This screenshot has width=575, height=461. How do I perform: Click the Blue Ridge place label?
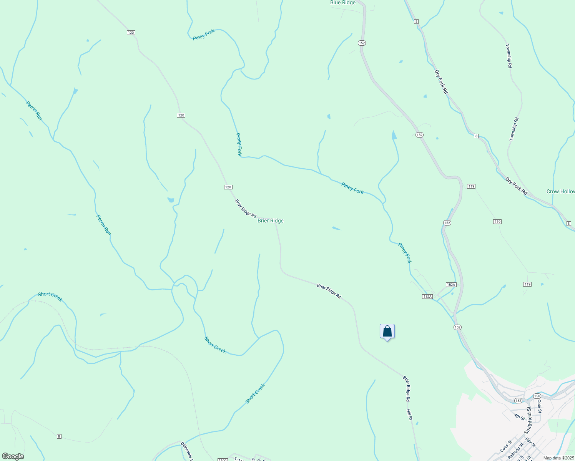[x=343, y=3]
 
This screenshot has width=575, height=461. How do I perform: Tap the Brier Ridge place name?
[x=271, y=221]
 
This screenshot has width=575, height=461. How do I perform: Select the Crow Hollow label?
[x=560, y=191]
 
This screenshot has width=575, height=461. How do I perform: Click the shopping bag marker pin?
[x=387, y=332]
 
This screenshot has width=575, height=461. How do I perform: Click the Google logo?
[x=13, y=456]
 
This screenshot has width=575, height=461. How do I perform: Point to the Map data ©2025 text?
[x=558, y=458]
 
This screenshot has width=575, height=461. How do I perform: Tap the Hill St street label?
[x=409, y=415]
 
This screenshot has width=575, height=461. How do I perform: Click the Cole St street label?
[x=540, y=406]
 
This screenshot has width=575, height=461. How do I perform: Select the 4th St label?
[x=519, y=417]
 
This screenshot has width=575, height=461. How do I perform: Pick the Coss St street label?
[x=506, y=446]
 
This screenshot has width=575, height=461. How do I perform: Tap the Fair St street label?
[x=530, y=443]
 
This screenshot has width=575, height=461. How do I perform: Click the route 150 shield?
[x=537, y=396]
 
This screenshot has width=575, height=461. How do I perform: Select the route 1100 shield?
[x=222, y=459]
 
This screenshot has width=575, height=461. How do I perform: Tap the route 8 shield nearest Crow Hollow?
[x=569, y=223]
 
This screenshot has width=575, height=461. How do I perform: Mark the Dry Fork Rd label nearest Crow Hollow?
[x=516, y=186]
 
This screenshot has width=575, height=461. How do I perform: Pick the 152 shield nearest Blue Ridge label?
[x=361, y=43]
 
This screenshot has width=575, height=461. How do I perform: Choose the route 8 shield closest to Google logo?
[x=59, y=436]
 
